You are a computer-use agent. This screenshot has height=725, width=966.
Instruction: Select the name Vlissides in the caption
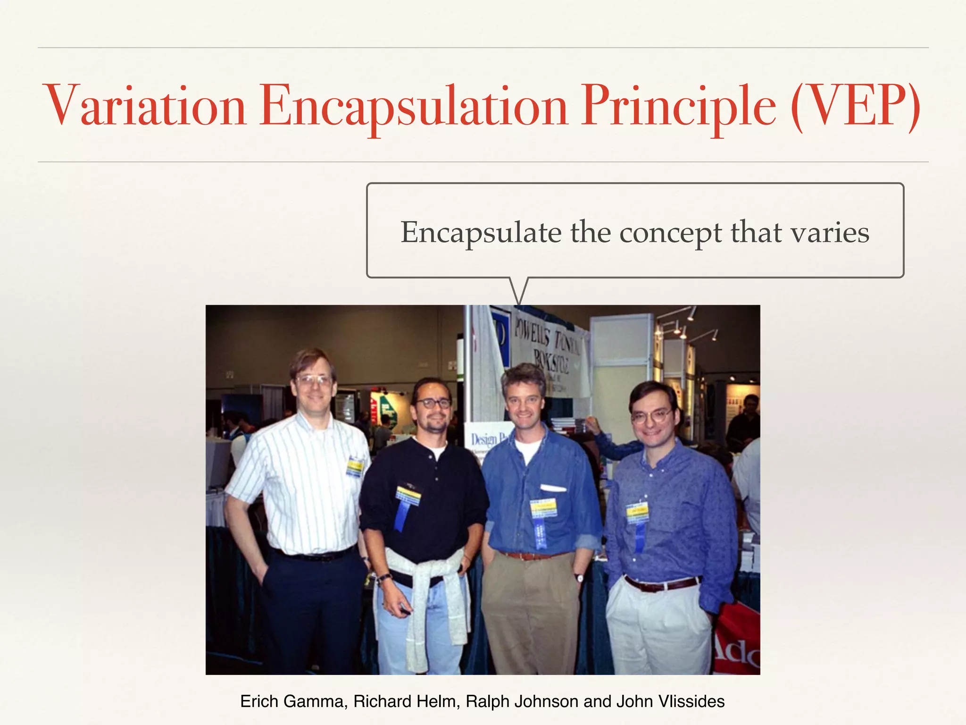691,701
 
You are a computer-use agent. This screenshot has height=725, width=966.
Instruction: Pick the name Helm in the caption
440,701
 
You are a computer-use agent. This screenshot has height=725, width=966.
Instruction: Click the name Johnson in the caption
548,701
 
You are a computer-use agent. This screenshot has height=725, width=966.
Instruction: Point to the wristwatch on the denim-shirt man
578,578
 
